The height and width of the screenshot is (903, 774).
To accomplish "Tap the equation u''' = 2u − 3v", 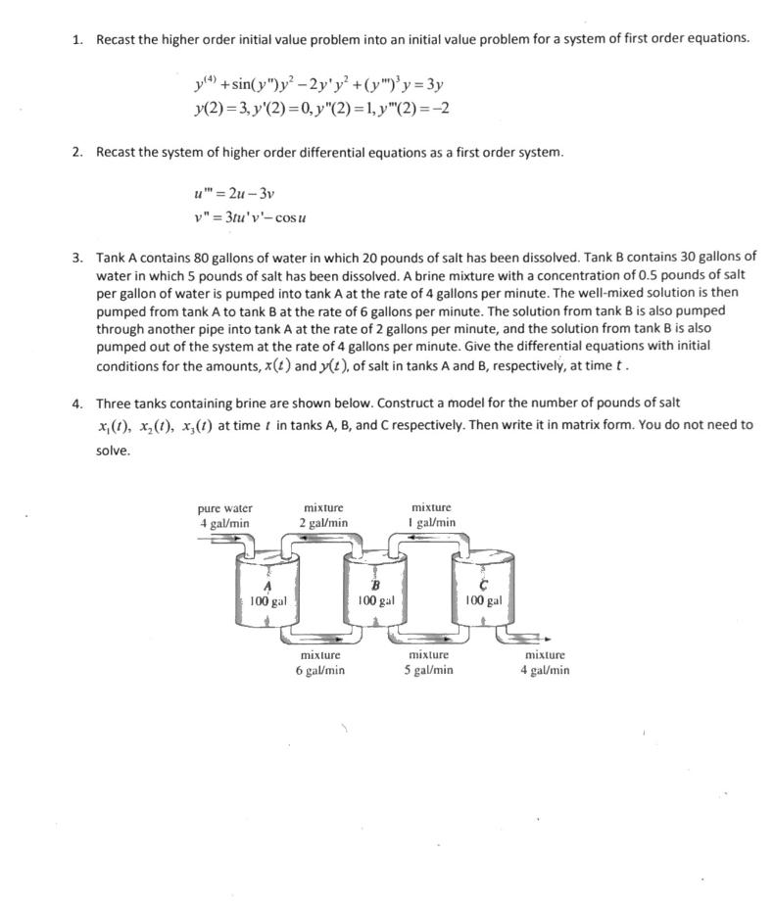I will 236,194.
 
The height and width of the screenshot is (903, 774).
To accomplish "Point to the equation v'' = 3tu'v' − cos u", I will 253,216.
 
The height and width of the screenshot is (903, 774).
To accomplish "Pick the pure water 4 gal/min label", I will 224,515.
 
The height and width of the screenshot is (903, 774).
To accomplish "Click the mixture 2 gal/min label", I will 323,515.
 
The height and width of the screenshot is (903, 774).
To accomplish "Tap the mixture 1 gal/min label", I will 431,515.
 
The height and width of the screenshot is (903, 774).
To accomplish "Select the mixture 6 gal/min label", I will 320,662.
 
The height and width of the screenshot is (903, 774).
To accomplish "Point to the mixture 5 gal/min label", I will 429,662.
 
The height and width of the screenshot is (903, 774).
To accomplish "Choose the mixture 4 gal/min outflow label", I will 545,662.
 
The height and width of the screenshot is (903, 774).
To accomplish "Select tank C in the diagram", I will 481,592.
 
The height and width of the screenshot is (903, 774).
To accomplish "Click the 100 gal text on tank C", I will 483,600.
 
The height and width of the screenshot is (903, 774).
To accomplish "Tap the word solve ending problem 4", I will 113,451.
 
